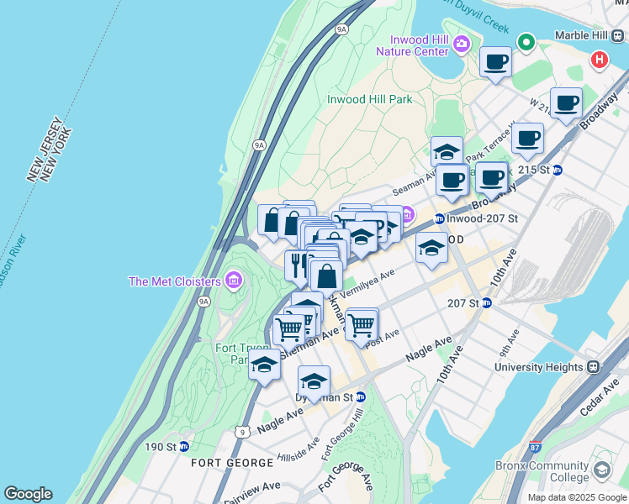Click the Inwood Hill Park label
369,99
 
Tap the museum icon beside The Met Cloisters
234,280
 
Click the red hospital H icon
599,60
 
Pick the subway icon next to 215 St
557,170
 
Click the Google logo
28,494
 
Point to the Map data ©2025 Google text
576,497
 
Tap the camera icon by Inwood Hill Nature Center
461,44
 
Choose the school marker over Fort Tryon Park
264,365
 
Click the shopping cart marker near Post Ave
362,323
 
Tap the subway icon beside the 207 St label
486,303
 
